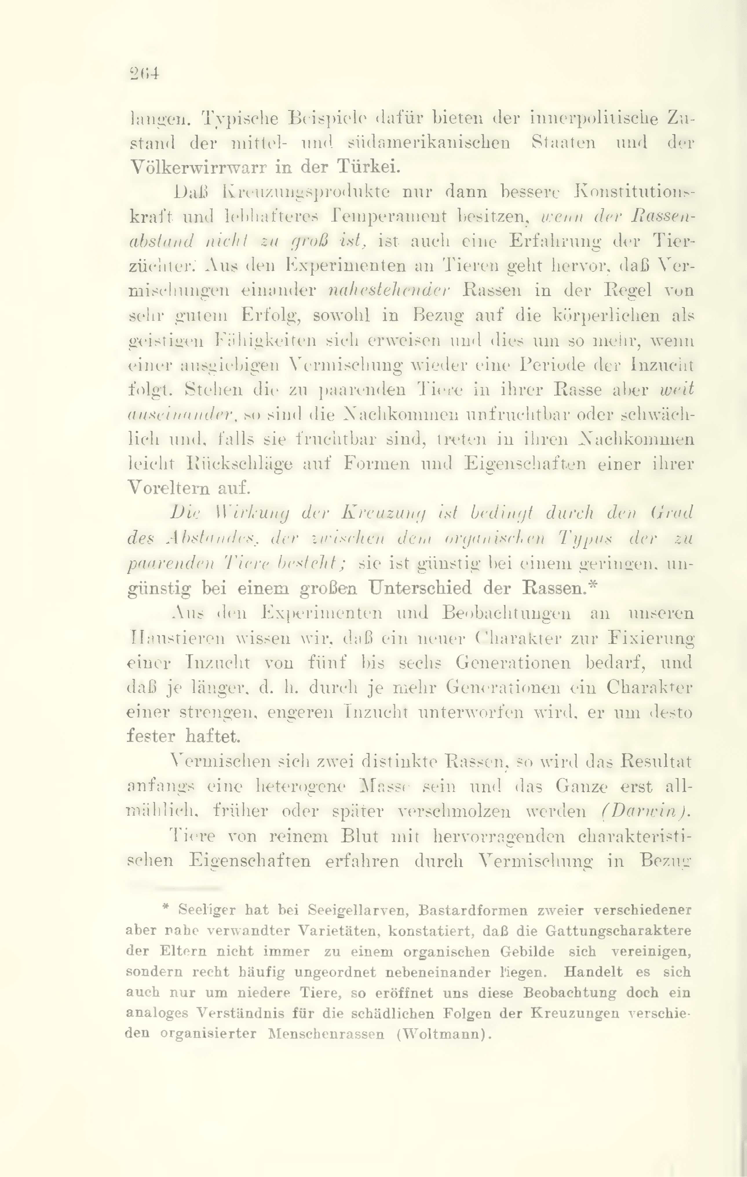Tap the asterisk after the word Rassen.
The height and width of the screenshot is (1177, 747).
[592, 585]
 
